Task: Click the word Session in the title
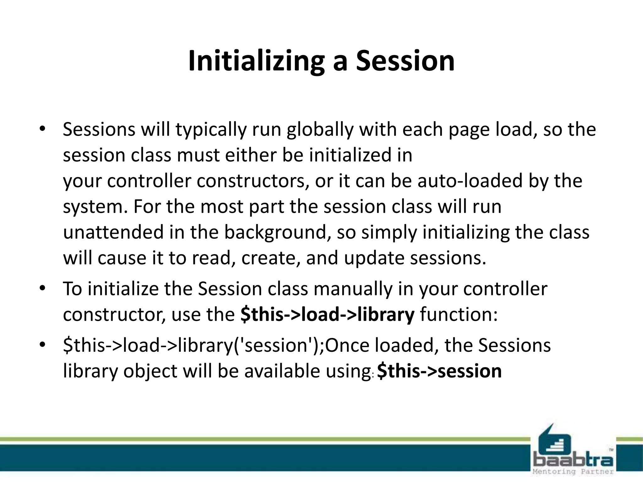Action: pyautogui.click(x=405, y=61)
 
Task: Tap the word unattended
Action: pyautogui.click(x=113, y=232)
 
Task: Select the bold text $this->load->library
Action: pyautogui.click(x=327, y=315)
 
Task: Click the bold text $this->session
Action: pyautogui.click(x=439, y=371)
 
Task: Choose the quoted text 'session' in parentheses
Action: pyautogui.click(x=276, y=345)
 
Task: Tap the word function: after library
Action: pyautogui.click(x=459, y=315)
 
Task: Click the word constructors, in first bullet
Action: pyautogui.click(x=251, y=181)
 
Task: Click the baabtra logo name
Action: pyautogui.click(x=573, y=461)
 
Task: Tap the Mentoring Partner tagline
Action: pyautogui.click(x=573, y=472)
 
